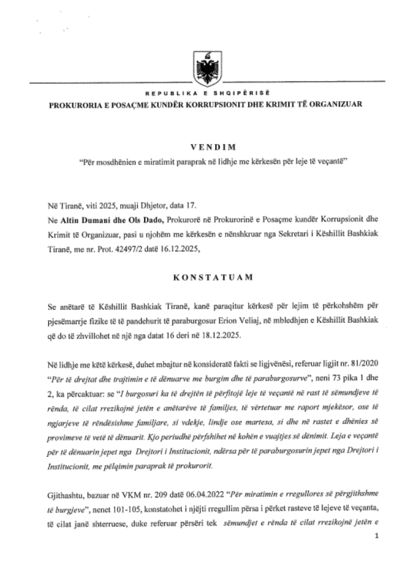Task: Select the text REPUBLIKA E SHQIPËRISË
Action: pyautogui.click(x=207, y=94)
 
